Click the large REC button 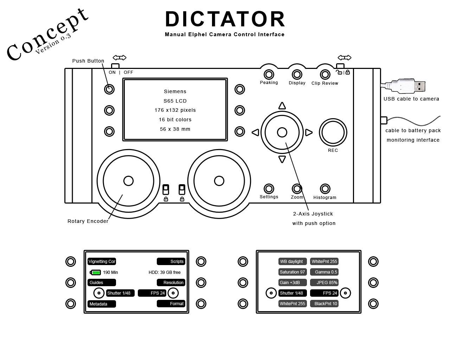(333, 133)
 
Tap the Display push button (297, 75)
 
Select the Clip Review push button (325, 75)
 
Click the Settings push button (269, 188)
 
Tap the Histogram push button (325, 189)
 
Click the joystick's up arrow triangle (282, 106)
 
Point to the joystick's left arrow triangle (256, 133)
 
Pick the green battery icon (96, 272)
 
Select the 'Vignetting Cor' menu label (102, 262)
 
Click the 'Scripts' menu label (171, 262)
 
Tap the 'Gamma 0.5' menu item (324, 272)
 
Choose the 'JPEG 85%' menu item (324, 283)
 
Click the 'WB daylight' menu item (292, 262)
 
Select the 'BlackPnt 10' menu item (324, 304)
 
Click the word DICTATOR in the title (225, 19)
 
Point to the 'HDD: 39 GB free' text (165, 272)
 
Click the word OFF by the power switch (128, 72)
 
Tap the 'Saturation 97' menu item (292, 272)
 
